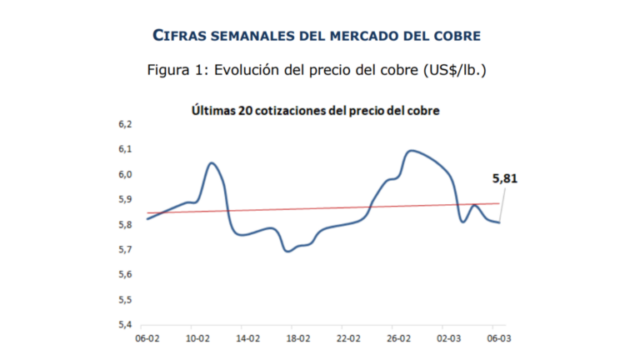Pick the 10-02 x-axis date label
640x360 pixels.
197,339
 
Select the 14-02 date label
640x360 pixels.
247,339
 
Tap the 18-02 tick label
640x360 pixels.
297,339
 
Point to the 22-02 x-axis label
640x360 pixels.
347,339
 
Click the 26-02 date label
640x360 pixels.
397,339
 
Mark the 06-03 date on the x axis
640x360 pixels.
497,339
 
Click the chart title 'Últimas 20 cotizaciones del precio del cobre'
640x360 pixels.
315,109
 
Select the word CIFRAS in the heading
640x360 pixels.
186,36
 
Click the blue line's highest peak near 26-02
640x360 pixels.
412,151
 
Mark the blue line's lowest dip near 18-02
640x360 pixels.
288,251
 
